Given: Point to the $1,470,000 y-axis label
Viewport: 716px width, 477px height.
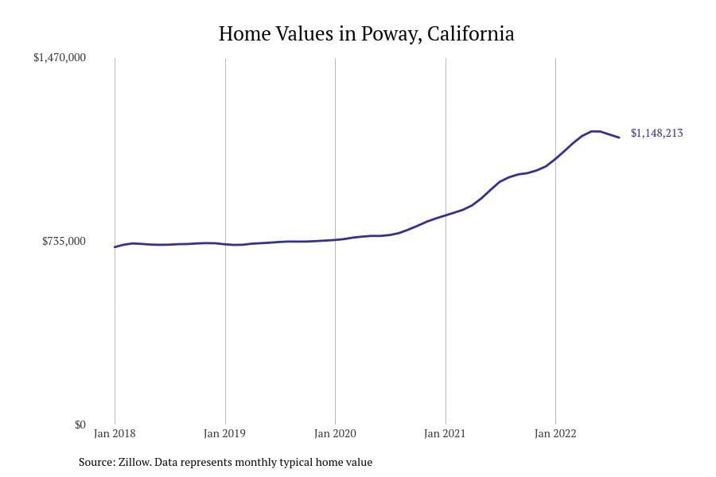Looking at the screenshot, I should click(x=60, y=58).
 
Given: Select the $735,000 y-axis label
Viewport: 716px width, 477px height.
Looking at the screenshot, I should click(x=64, y=241).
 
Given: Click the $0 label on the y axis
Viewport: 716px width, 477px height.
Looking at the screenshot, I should click(x=80, y=425).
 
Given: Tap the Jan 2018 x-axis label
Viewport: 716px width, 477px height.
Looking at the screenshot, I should click(x=115, y=434).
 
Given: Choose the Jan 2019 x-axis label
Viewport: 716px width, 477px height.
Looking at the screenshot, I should click(x=225, y=434).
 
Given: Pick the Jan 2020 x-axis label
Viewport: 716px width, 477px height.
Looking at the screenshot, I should click(x=335, y=434).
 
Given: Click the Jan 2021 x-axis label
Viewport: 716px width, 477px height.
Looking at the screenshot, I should click(x=446, y=434).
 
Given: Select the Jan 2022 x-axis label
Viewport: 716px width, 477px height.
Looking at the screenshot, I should click(x=555, y=434).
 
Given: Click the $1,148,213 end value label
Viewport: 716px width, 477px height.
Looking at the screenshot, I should click(x=656, y=134).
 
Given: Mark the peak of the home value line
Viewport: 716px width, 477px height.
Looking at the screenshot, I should click(x=595, y=131).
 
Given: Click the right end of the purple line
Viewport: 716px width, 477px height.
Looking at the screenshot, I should click(x=619, y=138).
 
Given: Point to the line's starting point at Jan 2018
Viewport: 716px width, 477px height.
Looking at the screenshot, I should click(x=115, y=247).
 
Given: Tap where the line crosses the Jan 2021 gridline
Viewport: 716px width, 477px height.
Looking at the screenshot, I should click(x=446, y=215).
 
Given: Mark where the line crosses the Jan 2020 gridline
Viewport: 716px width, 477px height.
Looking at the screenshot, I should click(x=335, y=239).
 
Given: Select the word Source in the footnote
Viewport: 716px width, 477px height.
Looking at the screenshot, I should click(x=97, y=462).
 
